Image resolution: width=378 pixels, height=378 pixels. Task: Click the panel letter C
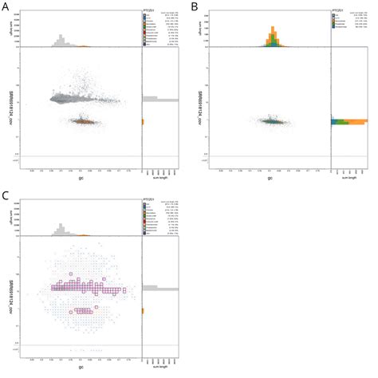tap(6, 195)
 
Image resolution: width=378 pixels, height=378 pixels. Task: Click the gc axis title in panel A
tap(79, 176)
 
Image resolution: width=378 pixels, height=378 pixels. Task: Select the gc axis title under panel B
tap(269, 176)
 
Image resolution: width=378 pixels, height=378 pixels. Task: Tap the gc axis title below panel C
tap(79, 364)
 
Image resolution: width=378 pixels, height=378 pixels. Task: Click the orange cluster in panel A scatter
tap(83, 121)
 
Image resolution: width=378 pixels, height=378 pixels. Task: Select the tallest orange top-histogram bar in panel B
tap(272, 33)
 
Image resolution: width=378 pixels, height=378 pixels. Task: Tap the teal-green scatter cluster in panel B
tap(270, 122)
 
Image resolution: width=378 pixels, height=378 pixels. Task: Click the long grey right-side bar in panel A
tap(159, 99)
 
